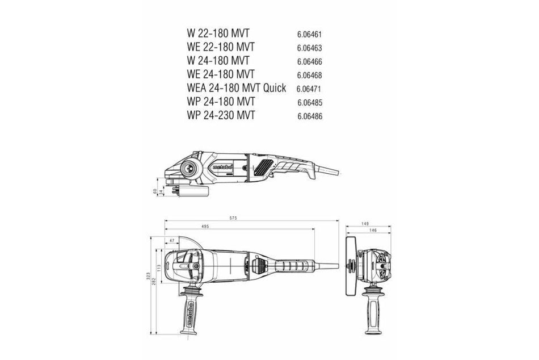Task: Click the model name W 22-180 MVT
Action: click(218, 34)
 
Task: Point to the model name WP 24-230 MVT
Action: click(220, 115)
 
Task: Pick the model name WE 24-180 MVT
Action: click(221, 74)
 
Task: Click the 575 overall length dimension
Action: click(250, 217)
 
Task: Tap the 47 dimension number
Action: click(171, 241)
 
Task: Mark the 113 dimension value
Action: click(158, 267)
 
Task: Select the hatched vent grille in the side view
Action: click(264, 167)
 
